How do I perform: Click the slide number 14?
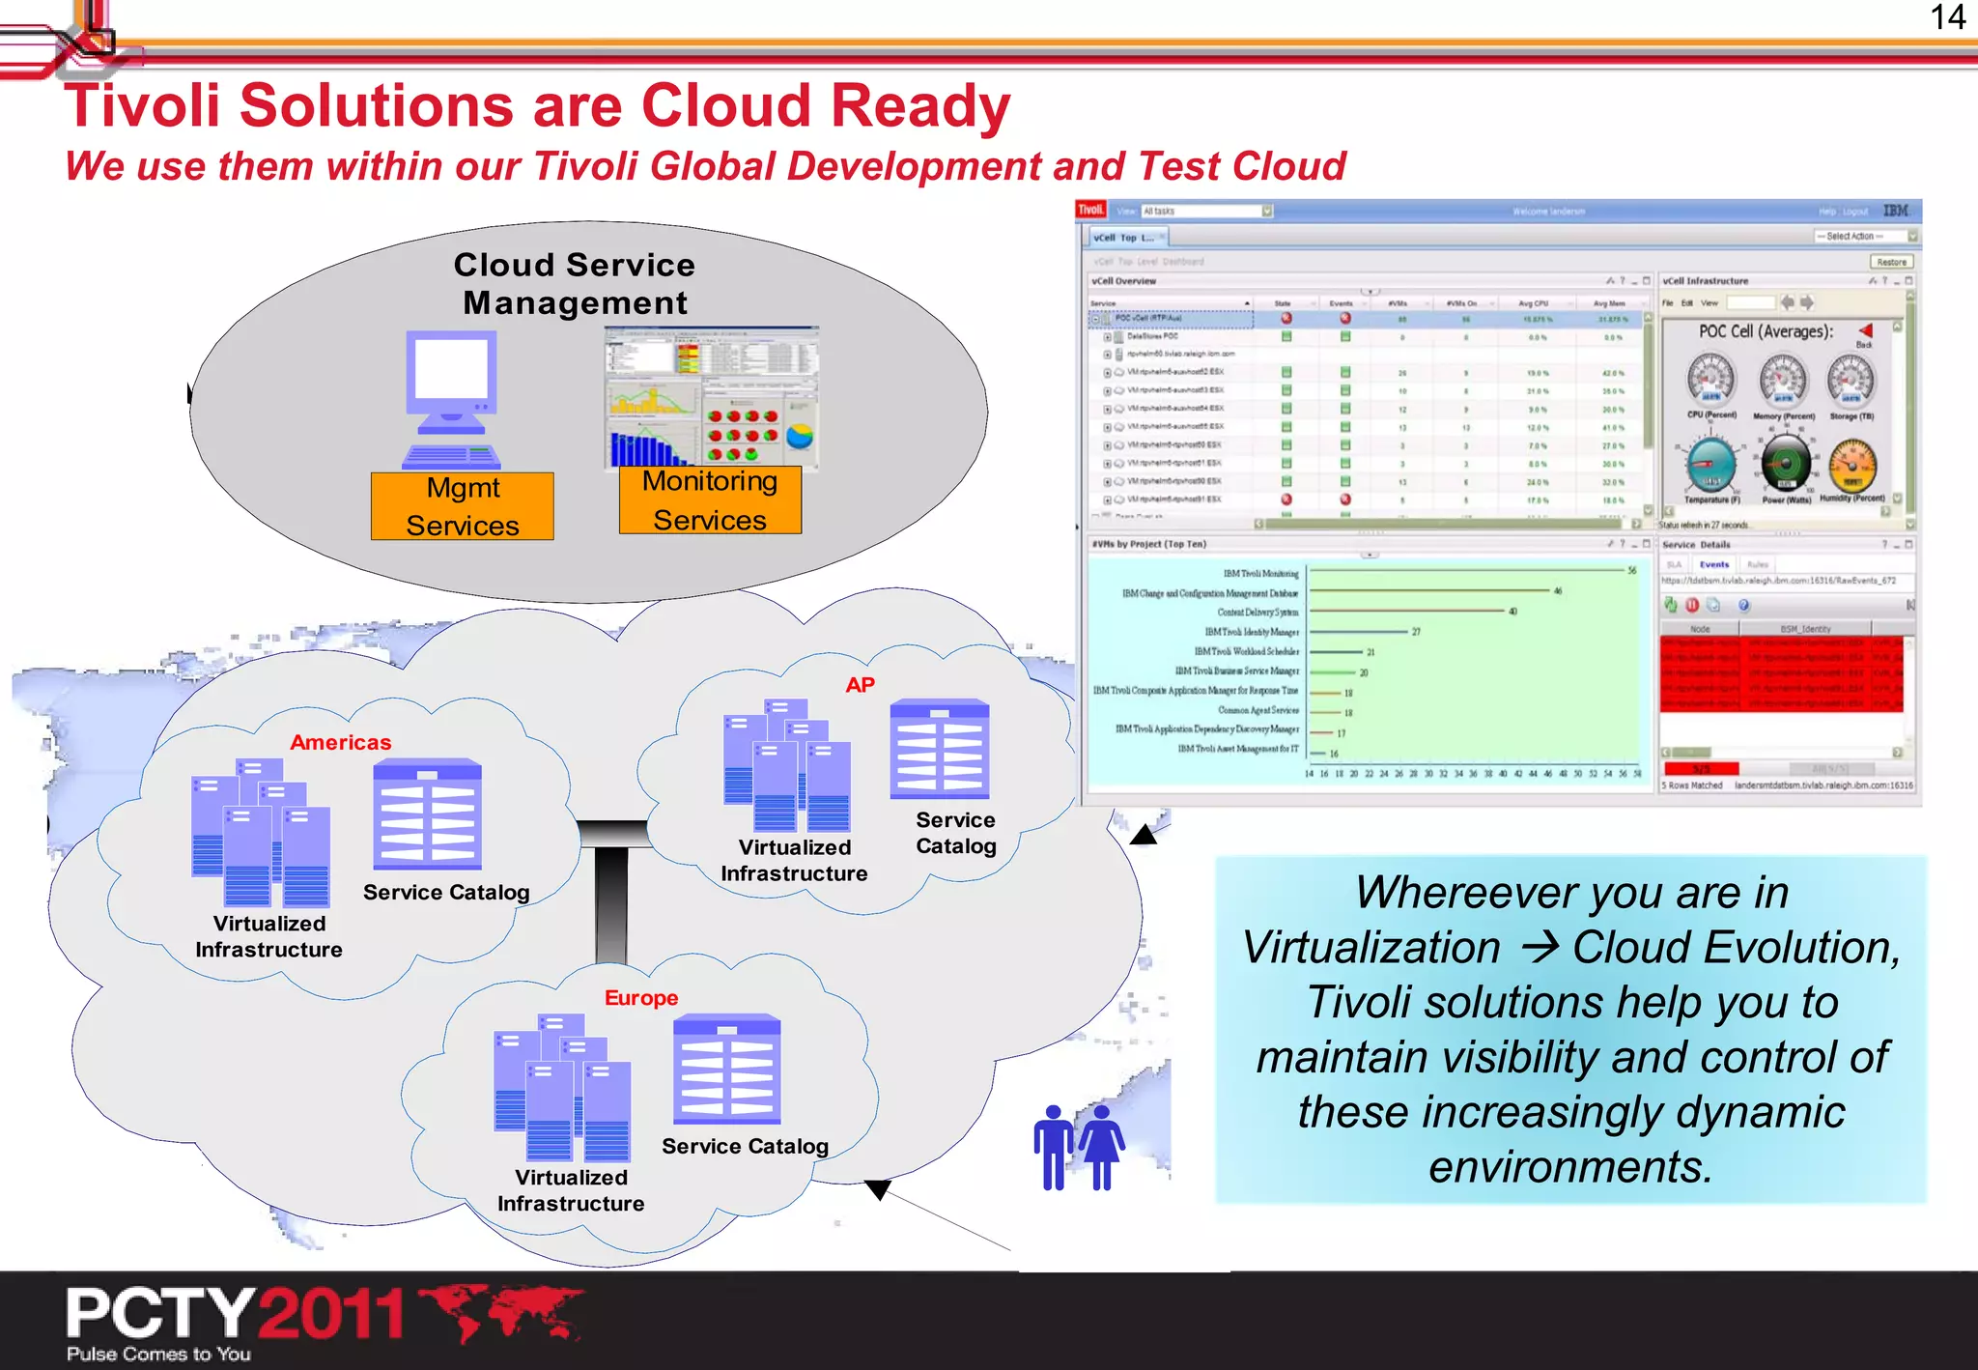point(1947,17)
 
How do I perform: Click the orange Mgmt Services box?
point(462,505)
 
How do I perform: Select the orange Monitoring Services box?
point(710,499)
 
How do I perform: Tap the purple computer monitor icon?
point(451,398)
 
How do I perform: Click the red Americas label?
point(340,742)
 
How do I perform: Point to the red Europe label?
point(641,997)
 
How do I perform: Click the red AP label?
point(860,685)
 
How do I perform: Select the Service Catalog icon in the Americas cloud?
point(427,813)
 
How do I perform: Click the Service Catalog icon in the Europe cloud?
point(726,1069)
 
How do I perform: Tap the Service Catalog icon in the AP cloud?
point(940,749)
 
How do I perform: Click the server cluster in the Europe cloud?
point(562,1087)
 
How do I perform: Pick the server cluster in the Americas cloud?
point(261,833)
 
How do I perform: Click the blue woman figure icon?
point(1102,1147)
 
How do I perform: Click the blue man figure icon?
point(1054,1147)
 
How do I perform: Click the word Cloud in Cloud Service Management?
point(503,265)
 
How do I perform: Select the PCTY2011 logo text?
point(235,1314)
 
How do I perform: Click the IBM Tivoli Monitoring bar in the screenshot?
point(1467,571)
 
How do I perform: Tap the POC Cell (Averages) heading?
point(1766,331)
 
